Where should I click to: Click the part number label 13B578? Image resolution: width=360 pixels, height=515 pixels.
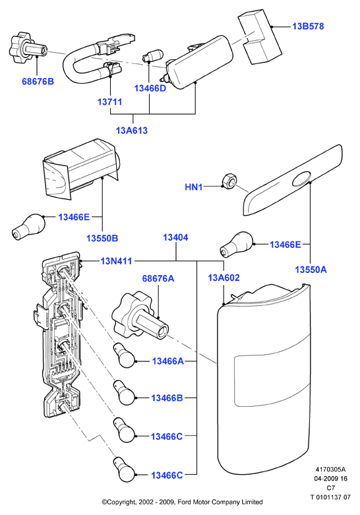308,26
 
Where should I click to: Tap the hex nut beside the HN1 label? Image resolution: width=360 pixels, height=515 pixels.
229,180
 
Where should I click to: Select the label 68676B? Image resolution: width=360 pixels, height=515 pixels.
38,82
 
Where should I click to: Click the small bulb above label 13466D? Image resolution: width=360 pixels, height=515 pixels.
152,55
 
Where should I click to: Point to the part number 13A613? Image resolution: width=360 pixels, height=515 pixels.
132,131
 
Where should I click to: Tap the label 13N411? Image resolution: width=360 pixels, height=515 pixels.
116,261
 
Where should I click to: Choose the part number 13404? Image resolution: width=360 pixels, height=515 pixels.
175,237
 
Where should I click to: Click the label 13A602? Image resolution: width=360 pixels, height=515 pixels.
224,278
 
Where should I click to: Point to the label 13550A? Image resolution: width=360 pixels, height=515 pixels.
311,270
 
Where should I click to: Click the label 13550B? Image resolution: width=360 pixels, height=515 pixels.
102,238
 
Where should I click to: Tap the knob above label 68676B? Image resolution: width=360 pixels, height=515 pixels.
27,48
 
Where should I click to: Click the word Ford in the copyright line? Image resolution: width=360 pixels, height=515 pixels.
185,502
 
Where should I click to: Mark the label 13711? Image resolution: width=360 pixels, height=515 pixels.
109,102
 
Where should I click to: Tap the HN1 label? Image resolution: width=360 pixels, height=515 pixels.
193,187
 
